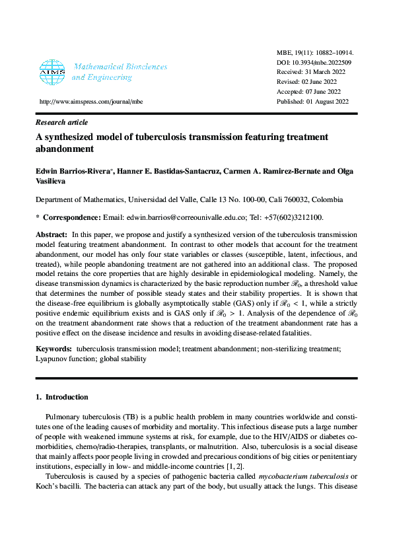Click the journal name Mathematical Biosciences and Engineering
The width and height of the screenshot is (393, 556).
(x=120, y=72)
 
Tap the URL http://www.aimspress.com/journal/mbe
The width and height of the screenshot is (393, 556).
(x=91, y=102)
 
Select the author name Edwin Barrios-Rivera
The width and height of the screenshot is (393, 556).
(x=73, y=172)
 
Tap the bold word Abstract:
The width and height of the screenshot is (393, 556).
(x=51, y=235)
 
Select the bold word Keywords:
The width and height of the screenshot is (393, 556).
(x=54, y=348)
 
